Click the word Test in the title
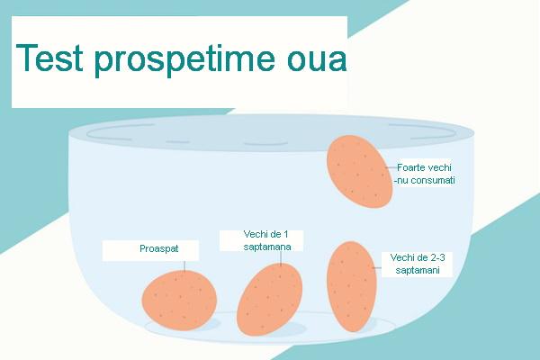tap(50, 59)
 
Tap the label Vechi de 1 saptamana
tap(260, 240)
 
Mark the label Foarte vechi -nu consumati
tap(425, 174)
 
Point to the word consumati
tap(429, 180)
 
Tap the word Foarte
tap(411, 167)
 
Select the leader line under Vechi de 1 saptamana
tap(281, 256)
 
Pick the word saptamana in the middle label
tap(260, 247)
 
